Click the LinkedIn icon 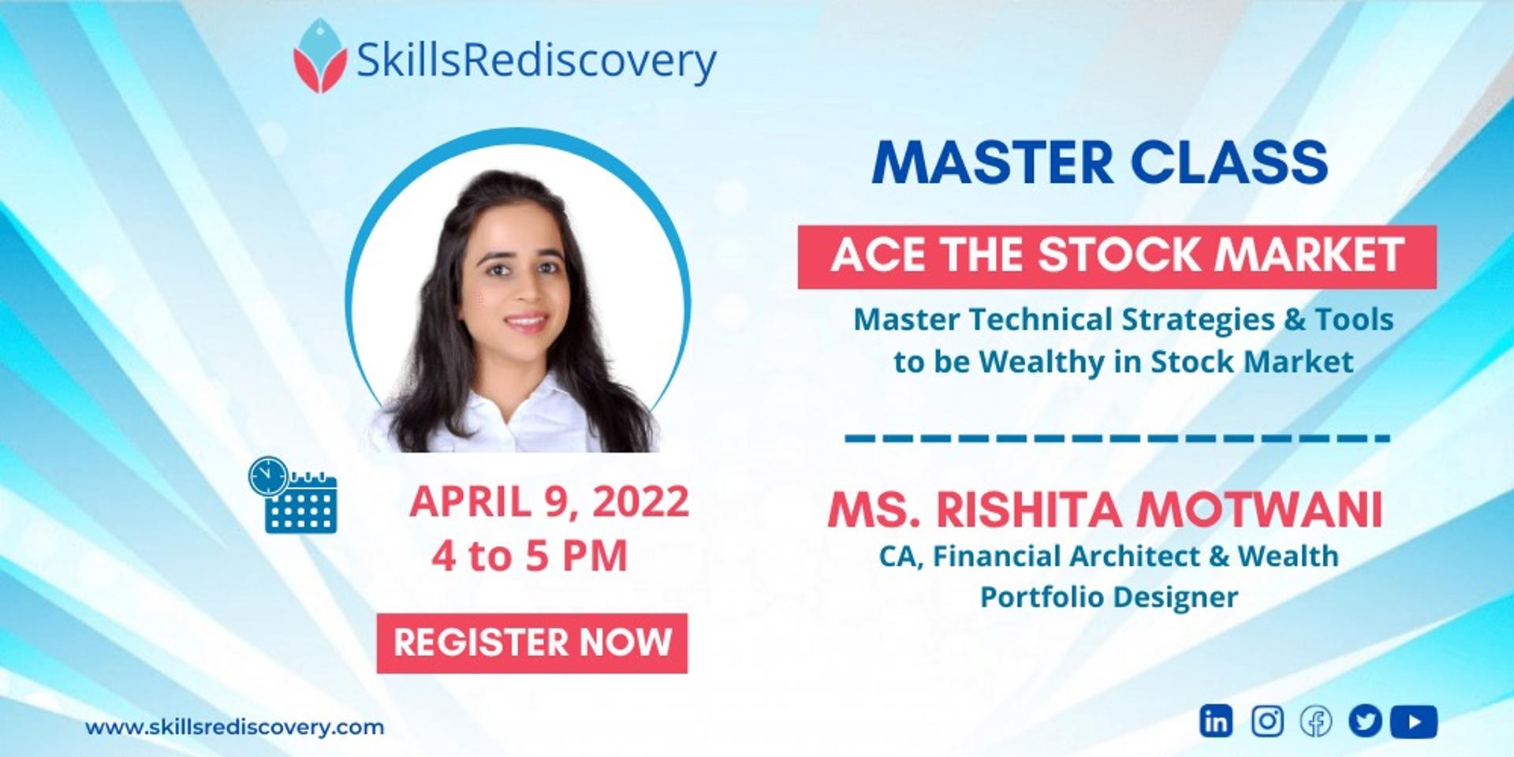tap(1216, 722)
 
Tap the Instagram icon tap(1267, 722)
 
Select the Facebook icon tap(1316, 722)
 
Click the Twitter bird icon tap(1365, 722)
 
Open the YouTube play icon tap(1414, 722)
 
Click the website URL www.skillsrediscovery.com tap(234, 727)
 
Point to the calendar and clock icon tap(293, 494)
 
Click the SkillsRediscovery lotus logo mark tap(320, 57)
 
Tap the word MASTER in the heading tap(993, 162)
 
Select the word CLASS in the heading tap(1230, 162)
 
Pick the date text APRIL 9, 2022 tap(549, 502)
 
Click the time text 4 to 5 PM tap(529, 555)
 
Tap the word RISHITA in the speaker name tap(1028, 509)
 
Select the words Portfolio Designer tap(1109, 597)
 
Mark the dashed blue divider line tap(1117, 438)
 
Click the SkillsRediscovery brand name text tap(536, 61)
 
